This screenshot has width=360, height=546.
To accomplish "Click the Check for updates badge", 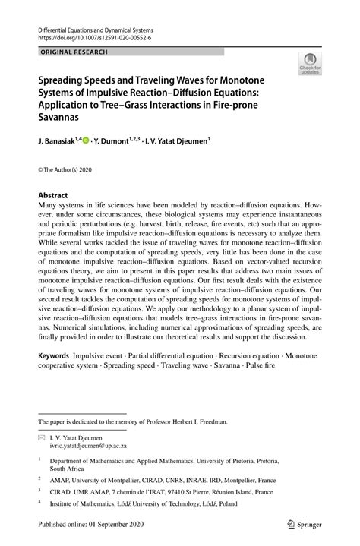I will pyautogui.click(x=310, y=65).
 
